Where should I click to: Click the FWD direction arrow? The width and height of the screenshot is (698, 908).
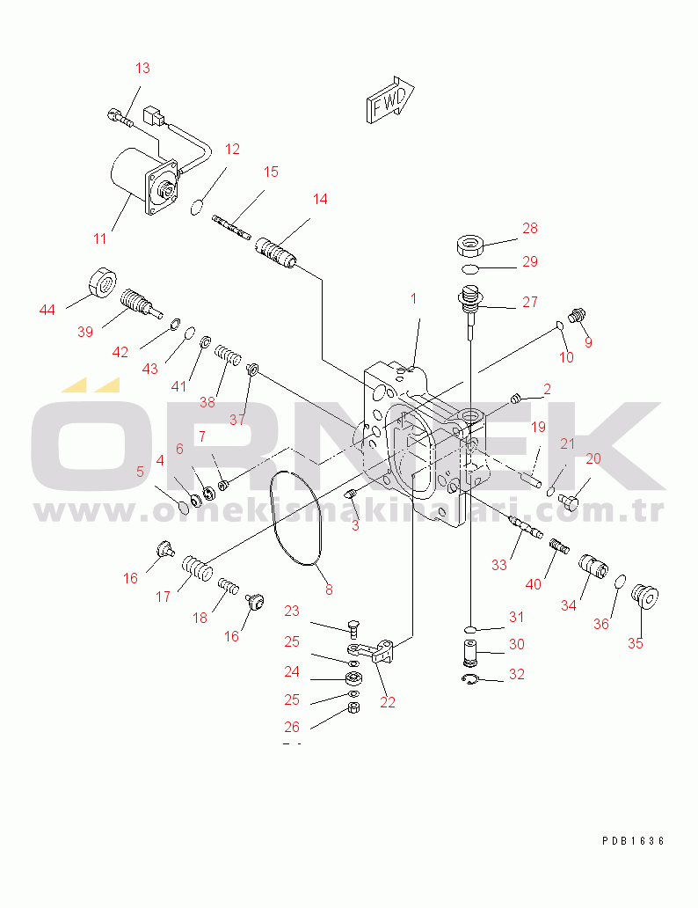[x=389, y=99]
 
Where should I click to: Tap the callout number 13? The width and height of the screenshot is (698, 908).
[x=142, y=69]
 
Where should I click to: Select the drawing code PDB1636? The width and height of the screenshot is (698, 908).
[x=633, y=841]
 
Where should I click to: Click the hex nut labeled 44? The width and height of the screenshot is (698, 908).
[x=103, y=282]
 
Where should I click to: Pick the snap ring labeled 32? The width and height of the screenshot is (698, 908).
[x=469, y=680]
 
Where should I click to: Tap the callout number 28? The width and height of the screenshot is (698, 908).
[x=529, y=228]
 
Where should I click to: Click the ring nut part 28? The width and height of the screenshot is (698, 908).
[x=470, y=245]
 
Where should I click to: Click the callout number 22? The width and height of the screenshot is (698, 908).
[x=387, y=702]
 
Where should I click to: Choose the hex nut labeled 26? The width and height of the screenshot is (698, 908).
[x=355, y=707]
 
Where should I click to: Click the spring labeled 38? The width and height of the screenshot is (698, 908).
[x=228, y=355]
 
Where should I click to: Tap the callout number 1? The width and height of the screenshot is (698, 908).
[x=413, y=299]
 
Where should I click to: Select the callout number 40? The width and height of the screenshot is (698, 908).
[x=533, y=584]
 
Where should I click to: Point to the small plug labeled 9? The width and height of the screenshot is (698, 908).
[x=578, y=316]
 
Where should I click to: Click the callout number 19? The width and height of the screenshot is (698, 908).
[x=538, y=428]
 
